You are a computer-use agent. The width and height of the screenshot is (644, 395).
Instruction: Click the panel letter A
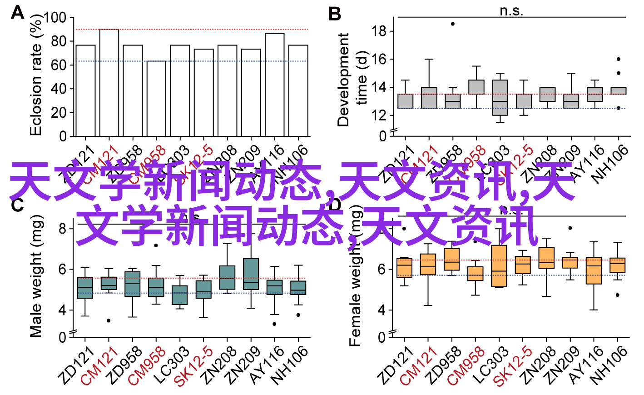point(17,12)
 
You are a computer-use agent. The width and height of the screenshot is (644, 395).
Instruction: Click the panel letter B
point(334,14)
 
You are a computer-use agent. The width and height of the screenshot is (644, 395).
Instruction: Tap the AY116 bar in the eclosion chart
point(275,85)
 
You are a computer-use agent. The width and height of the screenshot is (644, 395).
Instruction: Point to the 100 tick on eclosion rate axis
point(56,18)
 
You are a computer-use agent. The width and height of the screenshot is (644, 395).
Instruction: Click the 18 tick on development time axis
point(378,31)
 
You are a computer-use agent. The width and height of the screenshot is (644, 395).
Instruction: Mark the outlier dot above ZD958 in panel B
point(452,24)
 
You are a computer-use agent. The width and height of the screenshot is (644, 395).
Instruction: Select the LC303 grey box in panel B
point(500,98)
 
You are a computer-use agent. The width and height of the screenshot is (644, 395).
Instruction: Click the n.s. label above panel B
point(511,10)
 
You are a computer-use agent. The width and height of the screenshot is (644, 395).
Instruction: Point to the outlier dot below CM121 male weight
point(109,320)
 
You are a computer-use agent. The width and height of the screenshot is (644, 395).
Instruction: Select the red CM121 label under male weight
point(99,366)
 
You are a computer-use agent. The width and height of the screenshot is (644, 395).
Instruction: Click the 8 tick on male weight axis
point(62,228)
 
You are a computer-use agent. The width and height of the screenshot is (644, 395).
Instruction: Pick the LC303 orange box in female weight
point(499,266)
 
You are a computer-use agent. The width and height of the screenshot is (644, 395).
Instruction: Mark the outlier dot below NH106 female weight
point(617,295)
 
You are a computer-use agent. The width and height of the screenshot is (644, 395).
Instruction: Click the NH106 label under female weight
point(609,365)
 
